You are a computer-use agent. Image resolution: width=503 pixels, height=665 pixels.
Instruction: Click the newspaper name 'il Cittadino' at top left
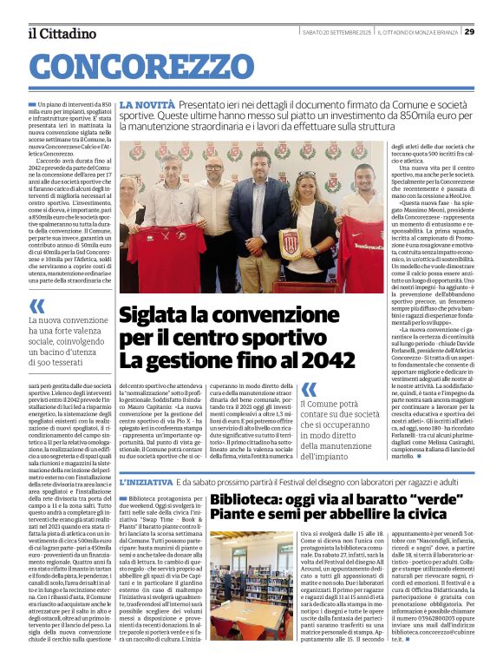coord(62,33)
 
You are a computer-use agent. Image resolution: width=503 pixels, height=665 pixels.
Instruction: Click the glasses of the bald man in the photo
coord(212,167)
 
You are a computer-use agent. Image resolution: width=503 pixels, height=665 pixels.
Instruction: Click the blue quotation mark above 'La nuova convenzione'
coord(37,306)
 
